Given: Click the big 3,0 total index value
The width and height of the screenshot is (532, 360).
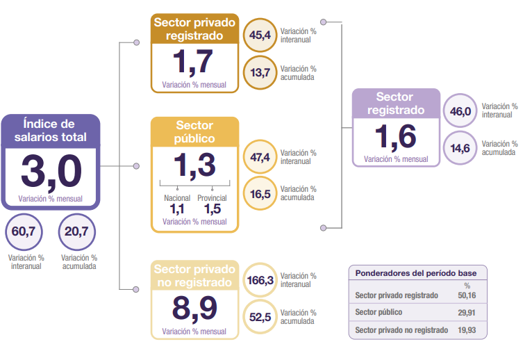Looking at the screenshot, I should coord(51,170).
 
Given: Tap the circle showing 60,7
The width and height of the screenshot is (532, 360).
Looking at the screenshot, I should coord(24,232).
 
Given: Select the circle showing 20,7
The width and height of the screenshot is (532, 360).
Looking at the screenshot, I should coord(77,232).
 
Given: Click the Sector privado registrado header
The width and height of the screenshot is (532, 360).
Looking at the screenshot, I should coord(194,28).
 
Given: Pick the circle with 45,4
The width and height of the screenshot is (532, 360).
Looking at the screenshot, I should coord(260,35).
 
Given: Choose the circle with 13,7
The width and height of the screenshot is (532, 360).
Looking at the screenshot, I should coord(260,72).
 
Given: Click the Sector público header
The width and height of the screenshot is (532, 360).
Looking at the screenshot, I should coord(194,131).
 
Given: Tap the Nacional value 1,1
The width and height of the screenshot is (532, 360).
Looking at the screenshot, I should coord(177,208).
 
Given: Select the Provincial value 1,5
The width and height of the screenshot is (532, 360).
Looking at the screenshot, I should coord(213,208).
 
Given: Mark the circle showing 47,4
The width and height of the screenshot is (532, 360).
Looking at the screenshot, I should coord(260,157).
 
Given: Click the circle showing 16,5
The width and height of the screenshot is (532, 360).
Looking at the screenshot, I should coord(260,193).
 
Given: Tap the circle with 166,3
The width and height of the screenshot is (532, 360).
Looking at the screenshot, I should coord(260,280).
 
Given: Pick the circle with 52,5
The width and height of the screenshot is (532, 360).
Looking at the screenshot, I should coord(260,317).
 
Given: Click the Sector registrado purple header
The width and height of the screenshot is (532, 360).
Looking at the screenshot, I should coord(395,104).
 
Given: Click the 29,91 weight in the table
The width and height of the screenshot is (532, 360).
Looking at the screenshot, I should coord(467,313).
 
